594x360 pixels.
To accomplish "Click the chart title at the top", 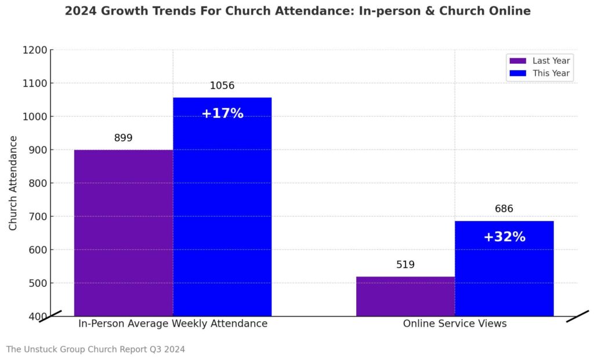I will (x=297, y=11).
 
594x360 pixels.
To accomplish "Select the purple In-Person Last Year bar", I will (x=124, y=232).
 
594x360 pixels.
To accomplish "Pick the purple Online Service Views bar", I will (x=405, y=296).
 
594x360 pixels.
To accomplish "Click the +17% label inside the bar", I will (x=222, y=114).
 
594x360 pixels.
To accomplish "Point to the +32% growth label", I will (x=504, y=237).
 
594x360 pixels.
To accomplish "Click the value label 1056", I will (x=222, y=86).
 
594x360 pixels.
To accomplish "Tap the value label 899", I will (x=123, y=138).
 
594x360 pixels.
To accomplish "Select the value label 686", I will (x=504, y=209).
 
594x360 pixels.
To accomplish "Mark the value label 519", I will (x=405, y=265).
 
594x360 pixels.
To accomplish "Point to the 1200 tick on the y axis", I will (x=34, y=50).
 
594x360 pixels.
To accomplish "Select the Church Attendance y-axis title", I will (x=13, y=183).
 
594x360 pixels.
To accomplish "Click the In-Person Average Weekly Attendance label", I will (x=173, y=323).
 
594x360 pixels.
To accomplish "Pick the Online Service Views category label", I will (x=455, y=323).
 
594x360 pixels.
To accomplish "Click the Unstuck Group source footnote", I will (x=96, y=349).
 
